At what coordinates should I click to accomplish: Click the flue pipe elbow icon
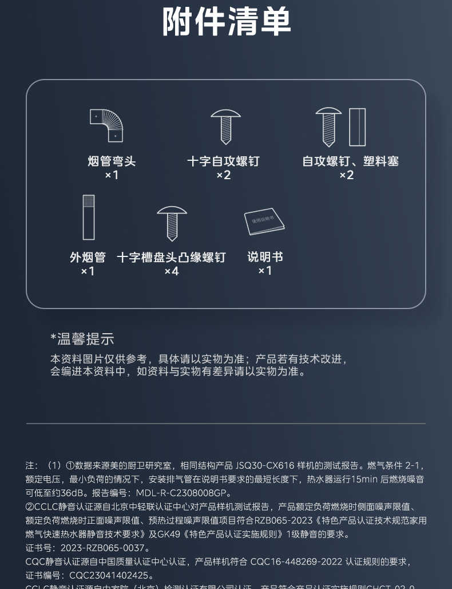[107, 125]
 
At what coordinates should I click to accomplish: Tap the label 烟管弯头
[112, 161]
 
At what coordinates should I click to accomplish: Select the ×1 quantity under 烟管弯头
[112, 175]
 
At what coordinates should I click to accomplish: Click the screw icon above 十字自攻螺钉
[225, 127]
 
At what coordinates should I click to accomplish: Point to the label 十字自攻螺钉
[223, 161]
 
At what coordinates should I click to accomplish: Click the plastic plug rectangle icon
[357, 127]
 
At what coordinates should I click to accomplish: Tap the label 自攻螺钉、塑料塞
[350, 161]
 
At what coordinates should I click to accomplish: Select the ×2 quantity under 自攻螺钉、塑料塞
[346, 175]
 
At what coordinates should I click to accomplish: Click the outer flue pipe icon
[89, 217]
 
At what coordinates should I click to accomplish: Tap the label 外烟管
[88, 257]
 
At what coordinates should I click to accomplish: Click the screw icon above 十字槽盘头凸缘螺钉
[172, 223]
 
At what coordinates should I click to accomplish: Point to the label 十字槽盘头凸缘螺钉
[171, 257]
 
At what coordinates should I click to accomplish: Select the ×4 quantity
[172, 271]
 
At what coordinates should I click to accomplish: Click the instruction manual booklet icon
[264, 221]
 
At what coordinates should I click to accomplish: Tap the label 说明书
[265, 257]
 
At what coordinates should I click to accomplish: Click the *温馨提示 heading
[82, 338]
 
